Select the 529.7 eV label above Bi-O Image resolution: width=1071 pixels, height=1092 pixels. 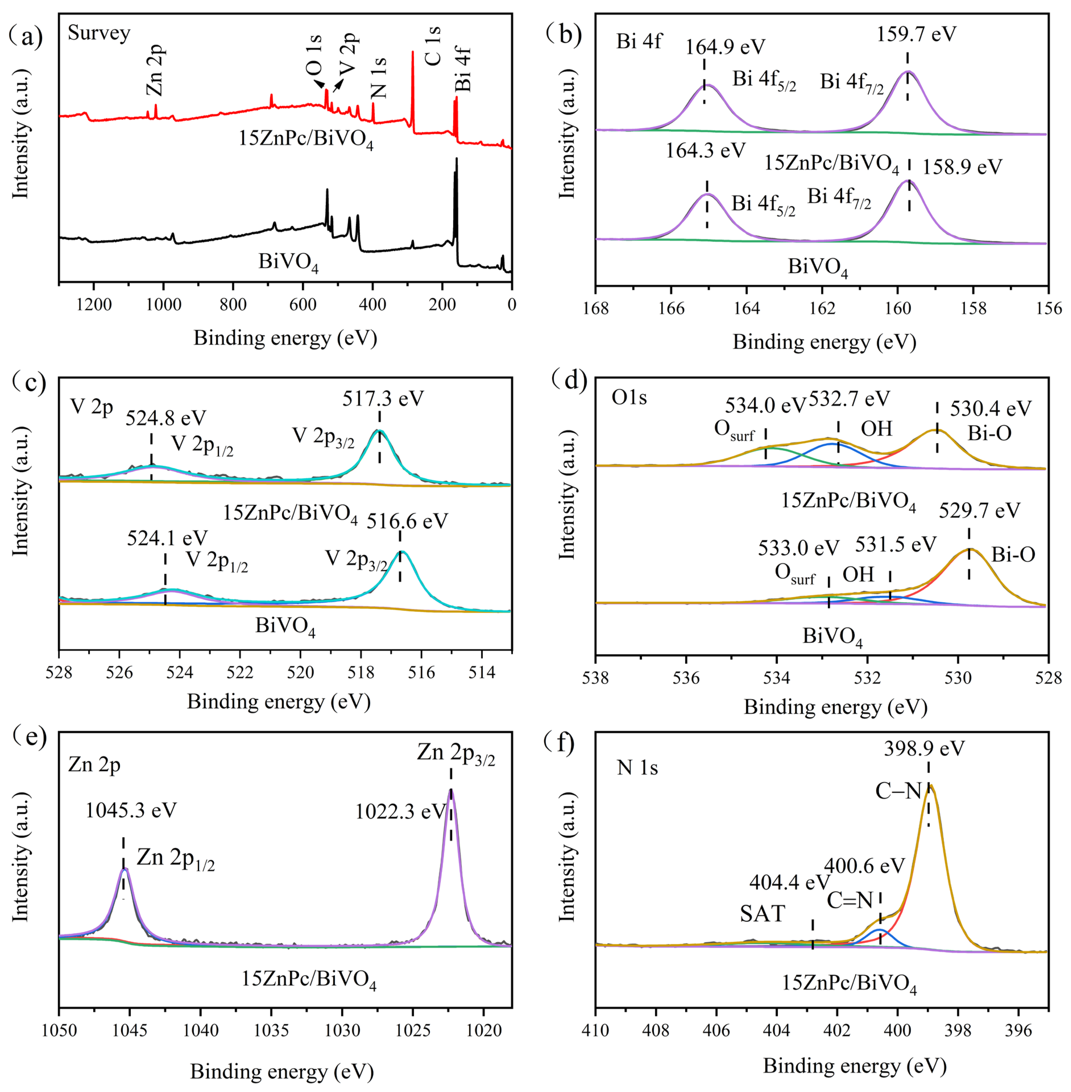pos(979,510)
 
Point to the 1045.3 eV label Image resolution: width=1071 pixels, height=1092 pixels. pos(131,810)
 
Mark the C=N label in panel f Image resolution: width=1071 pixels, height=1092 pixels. pos(849,901)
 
